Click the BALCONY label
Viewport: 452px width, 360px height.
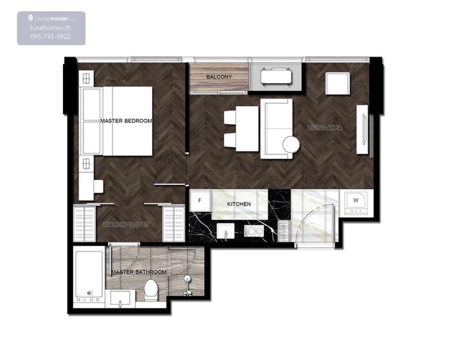219,77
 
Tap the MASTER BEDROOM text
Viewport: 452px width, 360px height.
126,121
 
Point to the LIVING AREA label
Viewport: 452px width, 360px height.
325,128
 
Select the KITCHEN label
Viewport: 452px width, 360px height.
239,204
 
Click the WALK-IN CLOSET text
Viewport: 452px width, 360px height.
126,224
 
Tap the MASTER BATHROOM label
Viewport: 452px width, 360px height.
139,272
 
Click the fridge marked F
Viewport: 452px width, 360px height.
200,200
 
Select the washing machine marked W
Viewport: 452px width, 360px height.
356,203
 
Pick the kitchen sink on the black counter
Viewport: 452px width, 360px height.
225,231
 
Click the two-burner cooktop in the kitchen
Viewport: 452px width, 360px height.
254,230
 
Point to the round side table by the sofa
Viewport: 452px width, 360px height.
291,145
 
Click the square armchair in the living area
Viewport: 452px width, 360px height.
337,83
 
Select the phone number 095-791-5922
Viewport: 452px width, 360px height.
50,37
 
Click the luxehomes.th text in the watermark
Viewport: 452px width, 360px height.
51,28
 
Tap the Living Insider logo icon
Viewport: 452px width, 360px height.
31,18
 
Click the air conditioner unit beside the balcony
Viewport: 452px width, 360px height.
276,77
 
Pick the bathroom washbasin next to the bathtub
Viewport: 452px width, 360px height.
120,299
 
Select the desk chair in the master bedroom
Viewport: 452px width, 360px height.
99,186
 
